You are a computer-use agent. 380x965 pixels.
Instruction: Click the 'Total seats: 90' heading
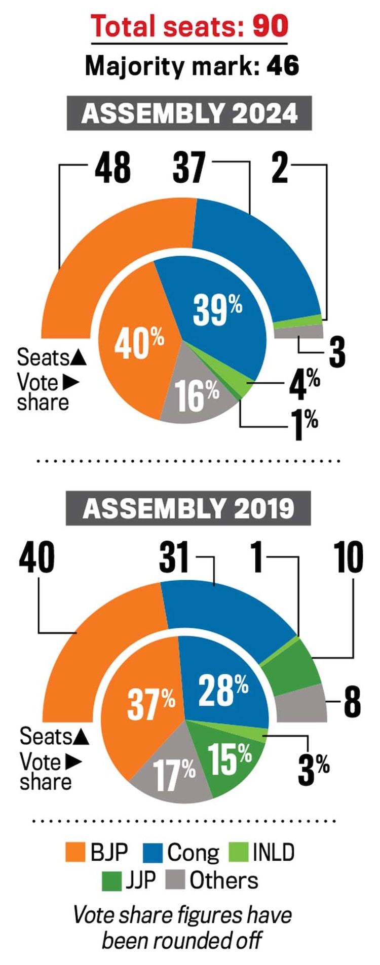(189, 26)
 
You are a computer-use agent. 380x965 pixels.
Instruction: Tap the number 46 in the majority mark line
(283, 66)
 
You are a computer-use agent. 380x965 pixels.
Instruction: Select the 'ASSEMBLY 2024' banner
(189, 114)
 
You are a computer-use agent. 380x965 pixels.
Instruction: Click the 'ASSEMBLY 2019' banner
(188, 508)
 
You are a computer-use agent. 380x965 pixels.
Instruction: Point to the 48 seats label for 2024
(112, 168)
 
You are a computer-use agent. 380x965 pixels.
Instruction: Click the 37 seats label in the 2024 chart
(189, 168)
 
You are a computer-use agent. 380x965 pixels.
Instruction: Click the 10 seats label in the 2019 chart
(349, 557)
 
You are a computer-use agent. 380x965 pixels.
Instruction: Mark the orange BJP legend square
(75, 852)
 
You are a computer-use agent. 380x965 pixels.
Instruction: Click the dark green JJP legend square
(111, 880)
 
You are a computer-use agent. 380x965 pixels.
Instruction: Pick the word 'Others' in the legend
(223, 880)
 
